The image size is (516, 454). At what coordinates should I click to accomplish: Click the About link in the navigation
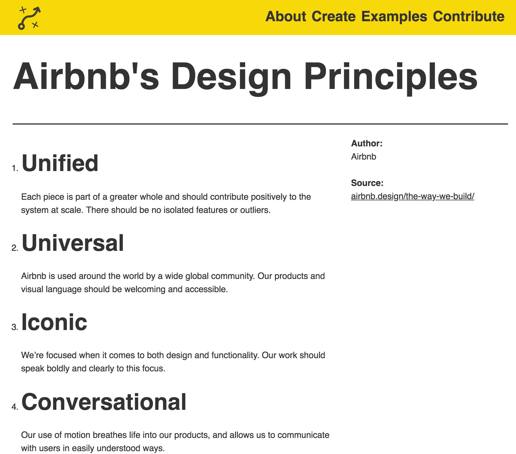[x=286, y=16]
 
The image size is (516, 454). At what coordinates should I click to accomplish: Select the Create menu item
[x=333, y=16]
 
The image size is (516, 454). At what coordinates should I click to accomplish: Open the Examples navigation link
[x=394, y=17]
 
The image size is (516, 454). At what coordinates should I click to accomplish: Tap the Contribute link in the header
[x=469, y=16]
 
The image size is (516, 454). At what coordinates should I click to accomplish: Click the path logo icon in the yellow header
[x=29, y=18]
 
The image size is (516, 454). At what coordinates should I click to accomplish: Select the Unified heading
[x=60, y=163]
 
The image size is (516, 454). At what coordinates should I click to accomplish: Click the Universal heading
[x=73, y=243]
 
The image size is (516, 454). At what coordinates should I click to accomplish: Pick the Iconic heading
[x=54, y=322]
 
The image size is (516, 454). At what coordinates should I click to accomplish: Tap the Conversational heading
[x=104, y=402]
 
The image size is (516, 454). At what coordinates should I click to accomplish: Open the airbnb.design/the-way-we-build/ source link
[x=412, y=196]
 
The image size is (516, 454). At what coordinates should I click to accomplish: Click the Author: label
[x=367, y=143]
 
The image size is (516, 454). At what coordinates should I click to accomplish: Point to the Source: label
[x=367, y=183]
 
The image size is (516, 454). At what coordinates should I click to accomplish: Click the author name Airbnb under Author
[x=364, y=157]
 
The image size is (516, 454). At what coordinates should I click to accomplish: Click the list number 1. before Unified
[x=15, y=168]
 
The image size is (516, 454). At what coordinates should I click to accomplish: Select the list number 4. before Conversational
[x=15, y=407]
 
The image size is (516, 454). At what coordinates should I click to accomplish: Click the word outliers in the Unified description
[x=255, y=210]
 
